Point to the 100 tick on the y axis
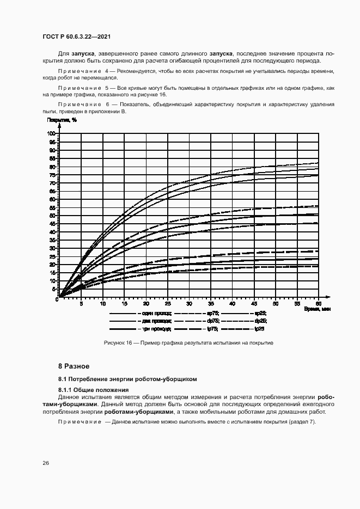(x=52, y=133)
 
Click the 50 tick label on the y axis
(x=53, y=216)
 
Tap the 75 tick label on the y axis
(x=53, y=175)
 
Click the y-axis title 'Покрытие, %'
(x=62, y=119)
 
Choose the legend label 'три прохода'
(x=157, y=329)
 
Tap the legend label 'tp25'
(x=259, y=329)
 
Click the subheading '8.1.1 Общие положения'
(x=94, y=390)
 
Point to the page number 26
(x=46, y=463)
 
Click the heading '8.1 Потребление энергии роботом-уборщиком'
(x=127, y=379)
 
